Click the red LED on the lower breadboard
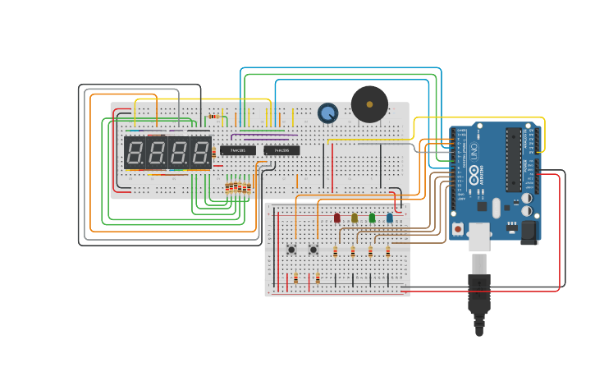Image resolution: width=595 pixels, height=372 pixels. [x=336, y=218]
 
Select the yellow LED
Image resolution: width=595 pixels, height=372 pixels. [x=355, y=218]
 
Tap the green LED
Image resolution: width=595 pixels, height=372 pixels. [x=372, y=218]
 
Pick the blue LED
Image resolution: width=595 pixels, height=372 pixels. [x=390, y=218]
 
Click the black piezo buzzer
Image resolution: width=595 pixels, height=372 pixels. [x=369, y=104]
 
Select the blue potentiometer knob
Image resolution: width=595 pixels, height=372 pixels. [x=327, y=113]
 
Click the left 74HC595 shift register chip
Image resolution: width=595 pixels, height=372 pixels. [x=237, y=150]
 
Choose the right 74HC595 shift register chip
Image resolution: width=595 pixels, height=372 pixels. [x=281, y=150]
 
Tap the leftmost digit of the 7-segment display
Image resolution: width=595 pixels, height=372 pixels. [x=135, y=152]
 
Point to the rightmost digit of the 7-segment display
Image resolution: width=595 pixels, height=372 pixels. [x=199, y=152]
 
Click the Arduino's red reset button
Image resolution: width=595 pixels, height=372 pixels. [x=457, y=227]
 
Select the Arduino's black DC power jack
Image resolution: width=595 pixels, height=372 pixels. [x=529, y=232]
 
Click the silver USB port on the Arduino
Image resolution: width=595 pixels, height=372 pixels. [x=478, y=237]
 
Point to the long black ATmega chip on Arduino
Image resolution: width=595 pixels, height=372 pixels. [x=514, y=159]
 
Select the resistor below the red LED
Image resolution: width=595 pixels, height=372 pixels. [x=336, y=252]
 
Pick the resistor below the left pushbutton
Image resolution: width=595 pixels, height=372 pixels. [x=295, y=278]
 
